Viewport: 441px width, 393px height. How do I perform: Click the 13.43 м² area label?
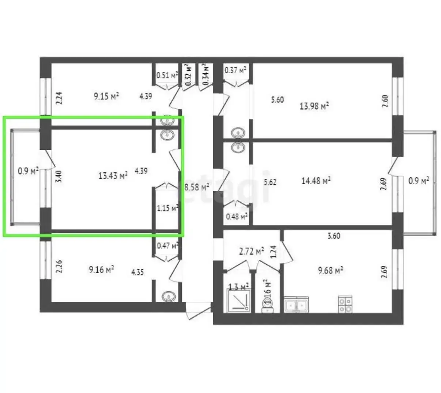click(113, 175)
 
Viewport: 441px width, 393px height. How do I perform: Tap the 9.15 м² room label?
click(106, 96)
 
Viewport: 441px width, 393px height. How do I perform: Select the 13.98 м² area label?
click(314, 106)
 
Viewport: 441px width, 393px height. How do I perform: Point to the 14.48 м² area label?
click(316, 181)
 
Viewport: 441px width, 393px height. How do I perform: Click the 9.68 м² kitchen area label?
click(330, 271)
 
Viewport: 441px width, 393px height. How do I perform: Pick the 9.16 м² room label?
click(101, 270)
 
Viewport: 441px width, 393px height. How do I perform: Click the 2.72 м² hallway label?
click(251, 252)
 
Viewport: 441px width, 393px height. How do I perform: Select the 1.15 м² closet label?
click(167, 208)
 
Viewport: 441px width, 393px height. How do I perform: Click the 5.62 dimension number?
click(270, 182)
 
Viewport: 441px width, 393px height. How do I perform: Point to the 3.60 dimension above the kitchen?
click(333, 236)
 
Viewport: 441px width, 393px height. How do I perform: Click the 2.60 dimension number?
click(385, 101)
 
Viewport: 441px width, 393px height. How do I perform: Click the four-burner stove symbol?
click(345, 304)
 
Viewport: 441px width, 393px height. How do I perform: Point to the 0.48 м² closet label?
click(237, 216)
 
